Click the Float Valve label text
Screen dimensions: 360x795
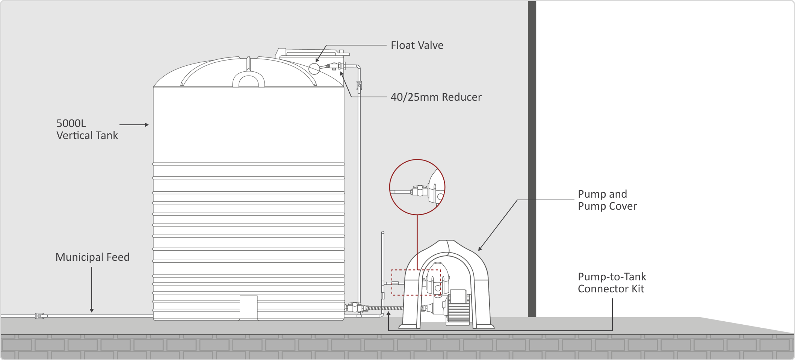417,45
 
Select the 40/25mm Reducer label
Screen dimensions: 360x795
436,97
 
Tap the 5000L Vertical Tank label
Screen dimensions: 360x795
87,129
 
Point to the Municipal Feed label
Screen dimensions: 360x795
92,257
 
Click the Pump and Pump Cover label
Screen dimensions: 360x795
607,200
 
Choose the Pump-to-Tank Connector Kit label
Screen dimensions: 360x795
612,283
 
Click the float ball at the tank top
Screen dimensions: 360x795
314,68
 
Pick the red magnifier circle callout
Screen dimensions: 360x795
417,187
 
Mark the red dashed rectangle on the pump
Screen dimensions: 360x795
416,282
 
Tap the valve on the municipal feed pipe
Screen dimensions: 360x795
41,316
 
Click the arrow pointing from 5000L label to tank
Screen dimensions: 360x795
134,125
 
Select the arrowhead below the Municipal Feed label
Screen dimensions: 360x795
92,310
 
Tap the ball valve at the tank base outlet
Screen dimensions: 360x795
354,308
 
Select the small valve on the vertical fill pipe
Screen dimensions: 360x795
359,86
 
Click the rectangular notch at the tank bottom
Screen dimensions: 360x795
248,307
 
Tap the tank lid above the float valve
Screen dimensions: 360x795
312,53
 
